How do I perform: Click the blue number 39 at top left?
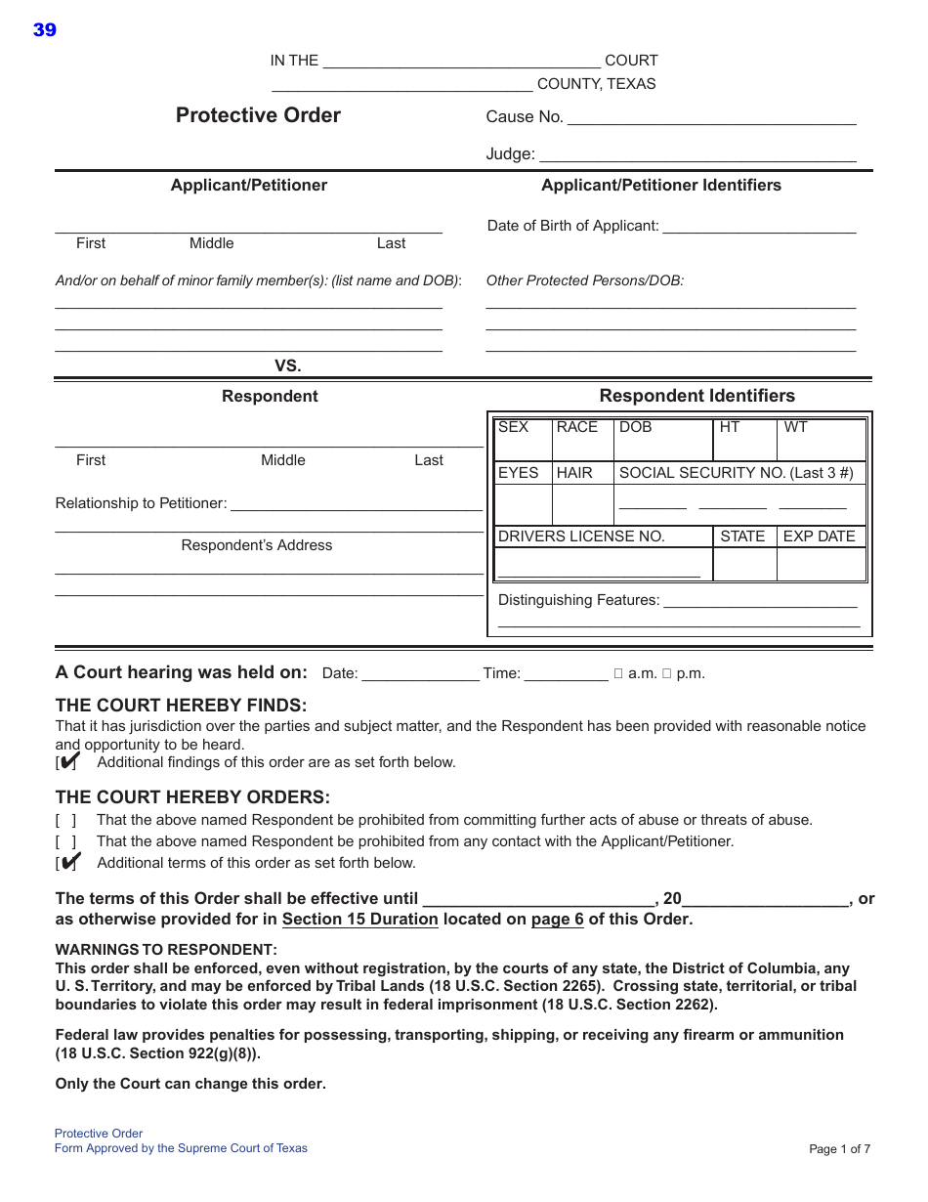[45, 30]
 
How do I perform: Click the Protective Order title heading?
[258, 115]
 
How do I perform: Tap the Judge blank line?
[697, 155]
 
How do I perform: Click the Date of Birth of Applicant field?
[759, 228]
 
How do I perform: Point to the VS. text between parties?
[287, 366]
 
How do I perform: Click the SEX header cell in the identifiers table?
[513, 427]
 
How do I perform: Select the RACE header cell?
[576, 427]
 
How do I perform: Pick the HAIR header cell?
[574, 473]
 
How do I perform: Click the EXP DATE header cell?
[819, 537]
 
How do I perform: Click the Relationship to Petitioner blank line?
[356, 505]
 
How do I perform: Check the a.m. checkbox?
[618, 673]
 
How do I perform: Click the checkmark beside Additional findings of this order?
[68, 761]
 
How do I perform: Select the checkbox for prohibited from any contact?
[66, 841]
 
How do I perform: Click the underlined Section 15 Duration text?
[359, 920]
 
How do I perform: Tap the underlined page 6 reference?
[557, 920]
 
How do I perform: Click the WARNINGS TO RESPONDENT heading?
[166, 950]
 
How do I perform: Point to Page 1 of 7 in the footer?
[839, 1149]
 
